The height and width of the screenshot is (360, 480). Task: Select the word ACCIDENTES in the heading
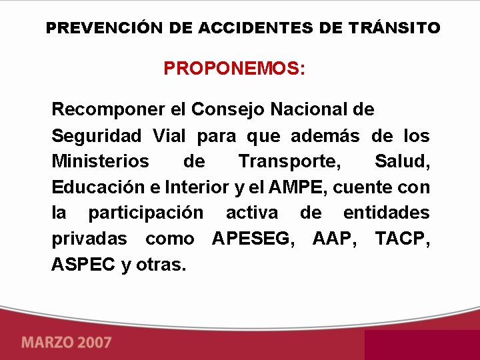(x=247, y=28)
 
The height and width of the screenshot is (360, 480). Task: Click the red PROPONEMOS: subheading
(x=235, y=69)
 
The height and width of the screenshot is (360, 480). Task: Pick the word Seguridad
(x=97, y=135)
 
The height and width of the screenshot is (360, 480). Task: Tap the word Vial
(x=169, y=135)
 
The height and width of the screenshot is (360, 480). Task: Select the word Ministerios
(x=101, y=161)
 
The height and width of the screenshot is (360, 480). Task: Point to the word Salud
(x=402, y=161)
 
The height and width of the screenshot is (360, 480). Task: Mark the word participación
(x=146, y=213)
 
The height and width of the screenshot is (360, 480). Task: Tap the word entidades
(x=386, y=213)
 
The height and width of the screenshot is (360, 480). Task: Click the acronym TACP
(x=403, y=238)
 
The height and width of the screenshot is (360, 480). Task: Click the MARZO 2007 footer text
(x=67, y=343)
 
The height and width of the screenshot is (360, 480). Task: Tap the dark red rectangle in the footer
(x=421, y=345)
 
